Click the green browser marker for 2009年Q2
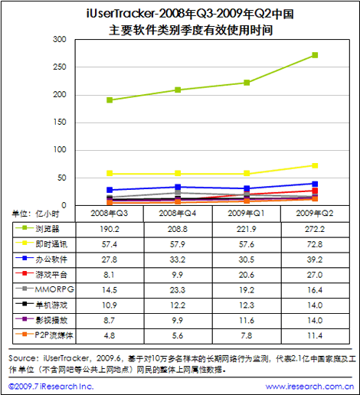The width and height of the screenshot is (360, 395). coord(315,55)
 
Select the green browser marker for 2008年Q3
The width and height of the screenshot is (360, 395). coord(110,100)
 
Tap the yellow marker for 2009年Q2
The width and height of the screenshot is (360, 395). coord(315,165)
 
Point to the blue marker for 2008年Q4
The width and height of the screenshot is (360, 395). coord(178,187)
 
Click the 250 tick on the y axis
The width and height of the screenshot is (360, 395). coord(60,67)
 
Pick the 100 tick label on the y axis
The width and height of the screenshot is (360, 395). coord(60,150)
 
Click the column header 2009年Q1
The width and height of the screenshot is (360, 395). coord(246,214)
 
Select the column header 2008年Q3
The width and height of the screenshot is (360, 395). coord(110,214)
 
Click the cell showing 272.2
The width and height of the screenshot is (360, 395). coord(315,229)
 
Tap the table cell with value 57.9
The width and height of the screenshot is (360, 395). coord(178,244)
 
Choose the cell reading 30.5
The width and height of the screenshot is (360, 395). coord(247,260)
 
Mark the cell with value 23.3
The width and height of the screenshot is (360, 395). coord(178,290)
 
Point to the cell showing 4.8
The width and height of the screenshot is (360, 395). coord(110,335)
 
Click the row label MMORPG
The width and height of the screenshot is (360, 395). coord(54,289)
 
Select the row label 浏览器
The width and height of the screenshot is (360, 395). coord(47,229)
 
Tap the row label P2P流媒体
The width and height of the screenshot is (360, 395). coord(54,335)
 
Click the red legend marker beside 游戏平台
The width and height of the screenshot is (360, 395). coord(25,273)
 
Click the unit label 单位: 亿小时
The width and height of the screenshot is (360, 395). coord(35,214)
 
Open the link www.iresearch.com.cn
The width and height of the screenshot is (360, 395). coord(309,387)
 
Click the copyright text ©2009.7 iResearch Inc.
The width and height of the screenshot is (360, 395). coord(51,387)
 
